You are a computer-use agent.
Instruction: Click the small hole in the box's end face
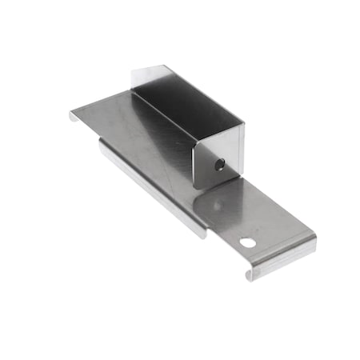coord(220,165)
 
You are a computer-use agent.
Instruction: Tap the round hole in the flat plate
coord(247,242)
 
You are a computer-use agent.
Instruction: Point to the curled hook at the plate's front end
coord(251,274)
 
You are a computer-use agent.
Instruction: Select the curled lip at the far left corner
coord(73,117)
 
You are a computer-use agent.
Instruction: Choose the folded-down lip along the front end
coord(284,256)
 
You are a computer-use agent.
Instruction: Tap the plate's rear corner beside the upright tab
coord(128,91)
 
